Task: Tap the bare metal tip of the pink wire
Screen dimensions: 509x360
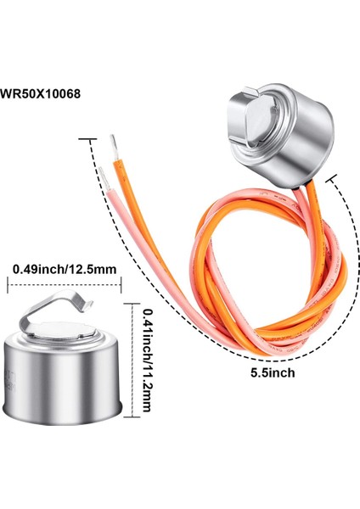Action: (101, 171)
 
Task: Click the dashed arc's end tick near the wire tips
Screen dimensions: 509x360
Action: (82, 137)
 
